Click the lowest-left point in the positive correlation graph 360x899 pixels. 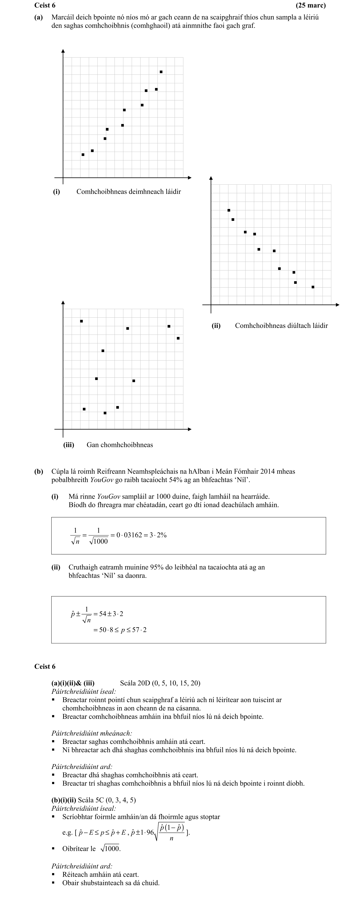tap(83, 155)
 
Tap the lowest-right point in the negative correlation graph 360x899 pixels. tap(313, 287)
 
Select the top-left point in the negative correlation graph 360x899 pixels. tap(229, 210)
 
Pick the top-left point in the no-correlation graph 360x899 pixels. tap(81, 321)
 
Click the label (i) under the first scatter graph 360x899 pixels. tap(56, 192)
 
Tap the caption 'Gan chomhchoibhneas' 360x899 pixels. tap(120, 445)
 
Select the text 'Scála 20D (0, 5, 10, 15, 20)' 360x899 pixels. tap(160, 683)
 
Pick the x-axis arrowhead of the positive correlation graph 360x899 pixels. tap(190, 178)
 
